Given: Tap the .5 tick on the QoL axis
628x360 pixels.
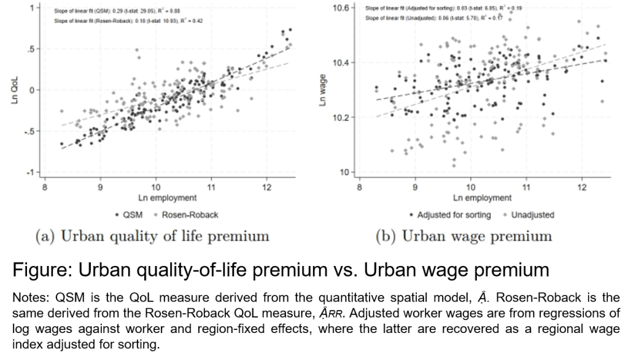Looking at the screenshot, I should (x=29, y=49).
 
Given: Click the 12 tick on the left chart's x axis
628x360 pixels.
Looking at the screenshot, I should (x=266, y=185).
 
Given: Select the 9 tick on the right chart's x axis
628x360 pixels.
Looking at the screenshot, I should (x=416, y=185).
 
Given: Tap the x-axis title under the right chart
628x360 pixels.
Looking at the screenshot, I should (x=482, y=198).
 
